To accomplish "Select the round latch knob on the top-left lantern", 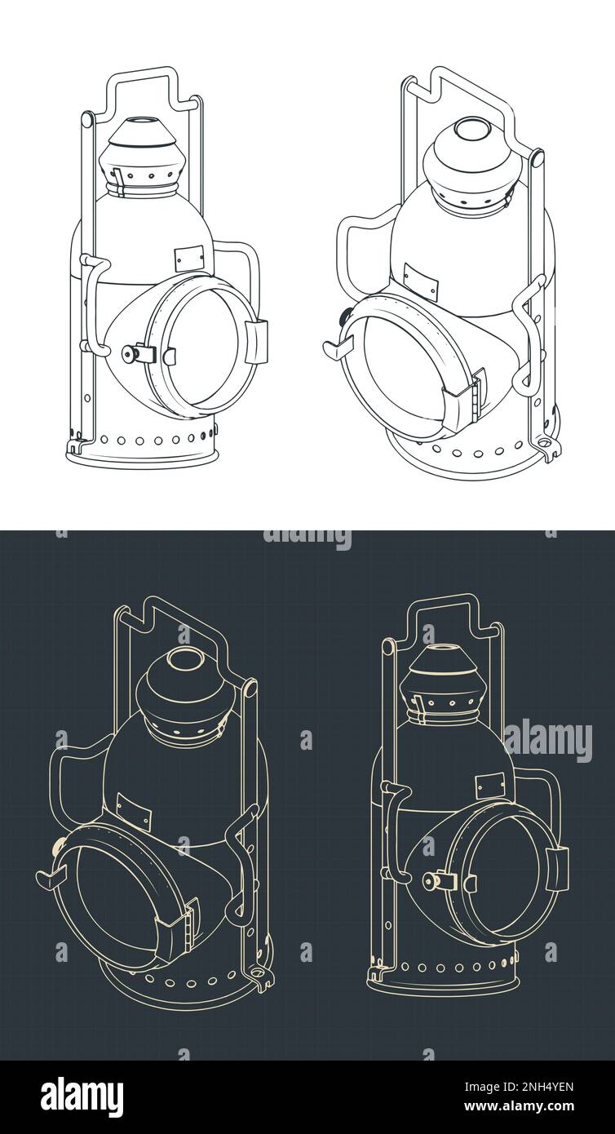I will point(128,353).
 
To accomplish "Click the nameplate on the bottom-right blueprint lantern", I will point(490,786).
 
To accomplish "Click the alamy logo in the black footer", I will point(82,1096).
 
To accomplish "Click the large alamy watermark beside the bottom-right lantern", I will point(547,741).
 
